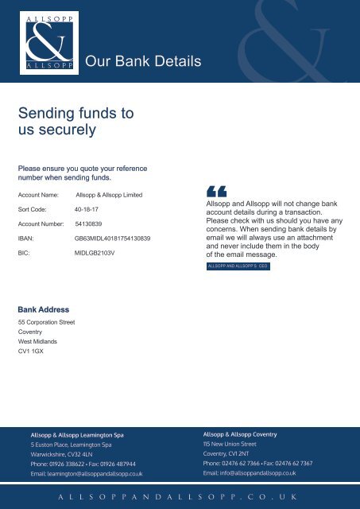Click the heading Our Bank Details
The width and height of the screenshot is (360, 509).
click(x=143, y=61)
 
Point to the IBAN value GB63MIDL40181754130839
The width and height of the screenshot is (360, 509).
click(x=112, y=238)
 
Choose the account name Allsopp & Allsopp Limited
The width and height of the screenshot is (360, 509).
click(x=109, y=194)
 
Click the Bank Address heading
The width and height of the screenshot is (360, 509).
click(x=43, y=309)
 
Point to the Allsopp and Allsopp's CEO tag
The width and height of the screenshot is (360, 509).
click(x=238, y=267)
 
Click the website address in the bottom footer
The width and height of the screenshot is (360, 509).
click(x=179, y=495)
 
